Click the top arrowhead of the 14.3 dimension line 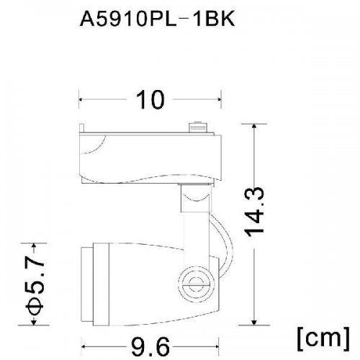pyautogui.click(x=256, y=127)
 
